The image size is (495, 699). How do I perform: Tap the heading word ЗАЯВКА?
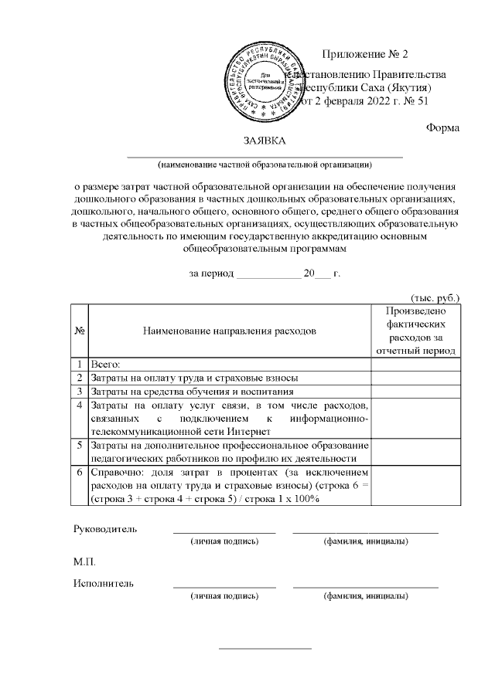[265, 141]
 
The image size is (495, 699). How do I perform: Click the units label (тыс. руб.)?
[434, 297]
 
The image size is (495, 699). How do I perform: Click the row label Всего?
[108, 364]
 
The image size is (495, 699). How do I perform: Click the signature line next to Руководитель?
[224, 531]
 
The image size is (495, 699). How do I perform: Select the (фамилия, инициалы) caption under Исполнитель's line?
[366, 596]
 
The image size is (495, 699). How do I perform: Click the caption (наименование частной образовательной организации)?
[265, 164]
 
